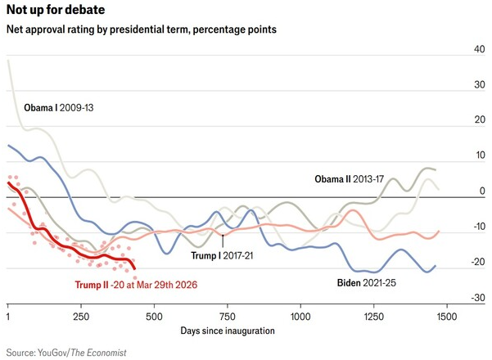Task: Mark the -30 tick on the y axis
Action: [478, 297]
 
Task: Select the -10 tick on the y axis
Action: [478, 227]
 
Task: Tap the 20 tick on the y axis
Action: [480, 120]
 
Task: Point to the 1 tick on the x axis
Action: [7, 315]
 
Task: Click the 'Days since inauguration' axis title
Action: [227, 331]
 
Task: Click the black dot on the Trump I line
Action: [223, 236]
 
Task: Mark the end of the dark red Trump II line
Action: [135, 269]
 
